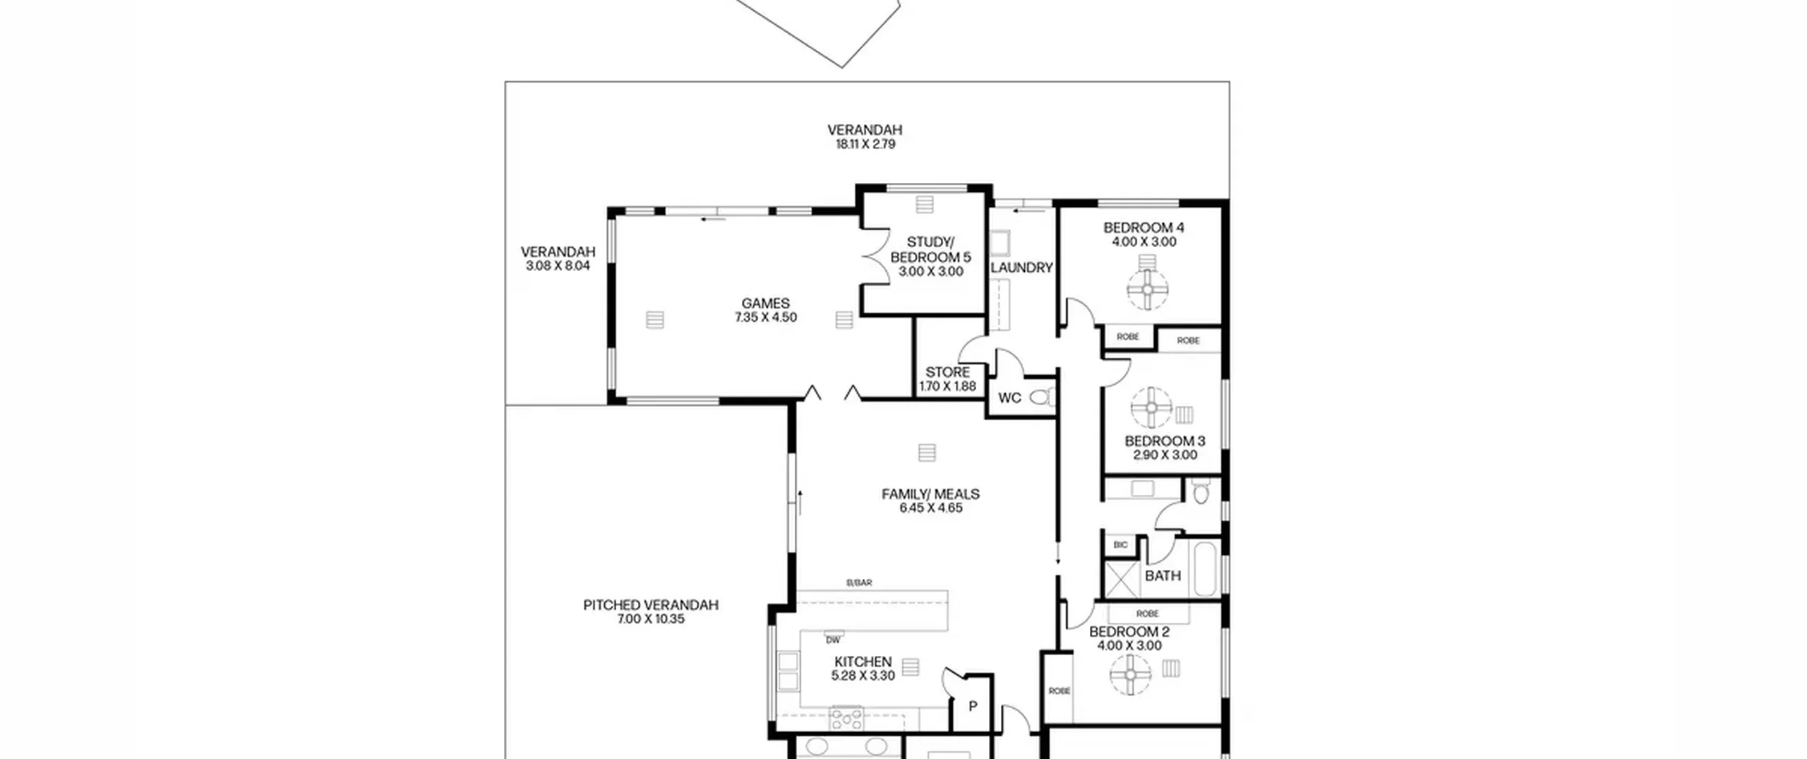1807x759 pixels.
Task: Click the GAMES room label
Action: click(765, 304)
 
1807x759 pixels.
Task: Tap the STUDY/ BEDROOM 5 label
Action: click(930, 250)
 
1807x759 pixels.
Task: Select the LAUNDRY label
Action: click(1021, 268)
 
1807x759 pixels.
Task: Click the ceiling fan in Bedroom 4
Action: click(1147, 289)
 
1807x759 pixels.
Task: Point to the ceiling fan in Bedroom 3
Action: click(1151, 407)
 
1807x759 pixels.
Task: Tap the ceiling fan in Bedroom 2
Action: click(1130, 675)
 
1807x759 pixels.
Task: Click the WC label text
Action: click(1009, 398)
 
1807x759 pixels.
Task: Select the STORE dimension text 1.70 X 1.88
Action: click(947, 386)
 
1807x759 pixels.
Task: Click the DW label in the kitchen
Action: click(833, 640)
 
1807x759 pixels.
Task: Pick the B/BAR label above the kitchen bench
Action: click(859, 582)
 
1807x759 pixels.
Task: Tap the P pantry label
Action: click(973, 706)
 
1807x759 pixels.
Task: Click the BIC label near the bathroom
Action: click(1120, 545)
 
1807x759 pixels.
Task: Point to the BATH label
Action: click(1163, 576)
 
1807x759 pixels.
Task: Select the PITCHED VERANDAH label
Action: click(650, 605)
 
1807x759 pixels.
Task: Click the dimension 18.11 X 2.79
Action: click(865, 144)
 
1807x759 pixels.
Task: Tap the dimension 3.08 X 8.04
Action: click(558, 266)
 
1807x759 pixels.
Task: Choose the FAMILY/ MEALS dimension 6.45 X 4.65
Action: click(930, 508)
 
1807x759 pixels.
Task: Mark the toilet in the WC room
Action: click(1042, 398)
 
